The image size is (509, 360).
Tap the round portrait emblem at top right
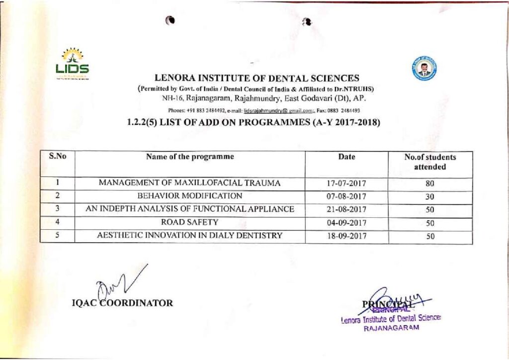pyautogui.click(x=424, y=69)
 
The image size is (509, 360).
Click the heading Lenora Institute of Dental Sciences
pyautogui.click(x=256, y=78)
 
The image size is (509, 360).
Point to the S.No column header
pyautogui.click(x=58, y=157)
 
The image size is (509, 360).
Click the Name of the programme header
pyautogui.click(x=190, y=157)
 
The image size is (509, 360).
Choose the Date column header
pyautogui.click(x=346, y=157)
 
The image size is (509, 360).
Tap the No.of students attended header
pyautogui.click(x=430, y=162)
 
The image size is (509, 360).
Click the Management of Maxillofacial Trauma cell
pyautogui.click(x=190, y=183)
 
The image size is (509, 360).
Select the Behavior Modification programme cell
pyautogui.click(x=190, y=196)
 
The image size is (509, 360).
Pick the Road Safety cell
pyautogui.click(x=190, y=222)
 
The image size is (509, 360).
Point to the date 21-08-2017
pyautogui.click(x=346, y=209)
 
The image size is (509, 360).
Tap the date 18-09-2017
pyautogui.click(x=346, y=236)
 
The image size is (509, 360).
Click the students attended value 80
pyautogui.click(x=430, y=183)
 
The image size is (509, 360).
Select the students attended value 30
pyautogui.click(x=430, y=196)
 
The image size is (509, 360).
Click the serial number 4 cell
pyautogui.click(x=58, y=222)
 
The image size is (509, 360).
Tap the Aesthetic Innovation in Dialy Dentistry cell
pyautogui.click(x=190, y=236)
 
